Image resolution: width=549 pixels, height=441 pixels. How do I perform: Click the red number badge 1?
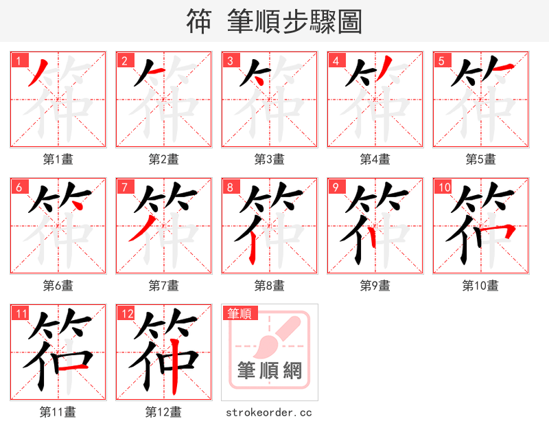click(17, 60)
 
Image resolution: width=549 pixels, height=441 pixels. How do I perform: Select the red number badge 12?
click(125, 314)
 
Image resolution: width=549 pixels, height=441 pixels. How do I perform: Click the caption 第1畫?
click(58, 159)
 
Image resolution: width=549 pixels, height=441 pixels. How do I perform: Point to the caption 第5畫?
click(480, 159)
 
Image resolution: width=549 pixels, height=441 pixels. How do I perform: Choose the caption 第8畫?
click(269, 285)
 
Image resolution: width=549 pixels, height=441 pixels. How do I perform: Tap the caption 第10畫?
click(480, 285)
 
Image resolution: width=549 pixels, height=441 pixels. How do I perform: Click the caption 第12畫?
click(163, 412)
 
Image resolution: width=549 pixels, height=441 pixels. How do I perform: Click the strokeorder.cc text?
click(269, 412)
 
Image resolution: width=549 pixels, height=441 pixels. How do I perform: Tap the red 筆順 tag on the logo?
click(240, 314)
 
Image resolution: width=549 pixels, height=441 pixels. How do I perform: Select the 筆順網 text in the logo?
click(269, 371)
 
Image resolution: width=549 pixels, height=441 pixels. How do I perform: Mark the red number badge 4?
click(336, 60)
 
